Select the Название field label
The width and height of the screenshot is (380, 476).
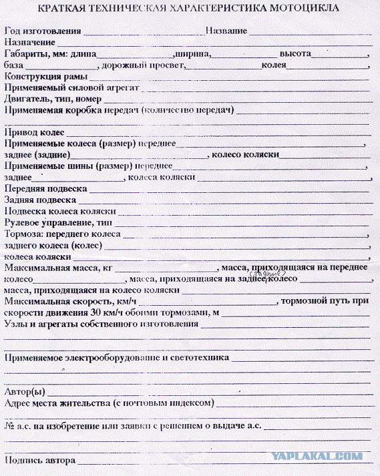click(x=226, y=31)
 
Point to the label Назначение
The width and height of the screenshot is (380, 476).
click(x=29, y=42)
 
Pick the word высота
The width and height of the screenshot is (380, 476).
click(x=295, y=53)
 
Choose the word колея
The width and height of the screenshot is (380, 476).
click(x=274, y=65)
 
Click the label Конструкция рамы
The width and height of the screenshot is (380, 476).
click(x=46, y=77)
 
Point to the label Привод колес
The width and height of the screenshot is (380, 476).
click(x=34, y=132)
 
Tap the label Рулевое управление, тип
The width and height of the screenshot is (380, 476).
click(x=58, y=222)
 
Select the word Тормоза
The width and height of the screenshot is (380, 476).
click(x=22, y=234)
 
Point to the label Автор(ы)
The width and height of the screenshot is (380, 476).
click(x=25, y=391)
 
